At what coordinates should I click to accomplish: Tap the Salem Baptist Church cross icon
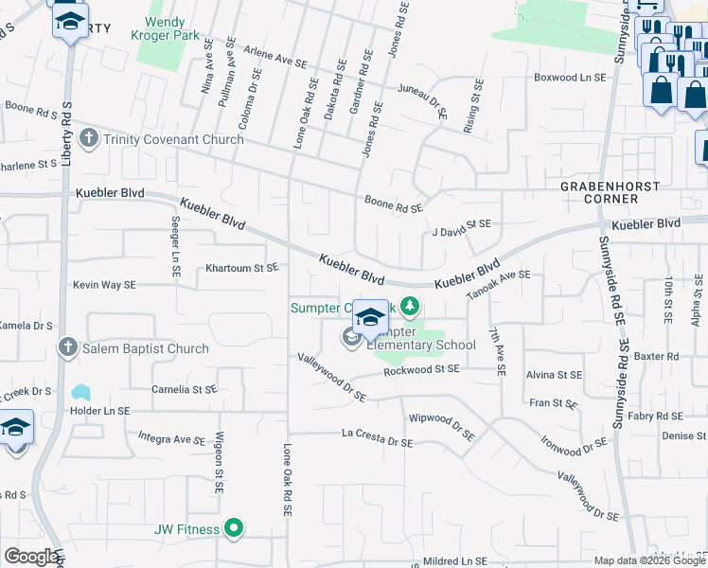(67, 348)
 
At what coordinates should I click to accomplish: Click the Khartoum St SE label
(242, 268)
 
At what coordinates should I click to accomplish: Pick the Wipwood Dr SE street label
(441, 423)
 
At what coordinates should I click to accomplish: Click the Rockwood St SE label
(421, 369)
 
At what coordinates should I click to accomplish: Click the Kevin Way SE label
(104, 284)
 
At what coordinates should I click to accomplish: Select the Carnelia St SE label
(185, 389)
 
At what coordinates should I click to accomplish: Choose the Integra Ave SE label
(171, 439)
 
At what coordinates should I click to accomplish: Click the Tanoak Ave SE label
(498, 282)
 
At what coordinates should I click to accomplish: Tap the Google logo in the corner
(30, 557)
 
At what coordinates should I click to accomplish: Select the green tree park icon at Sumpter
(410, 306)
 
